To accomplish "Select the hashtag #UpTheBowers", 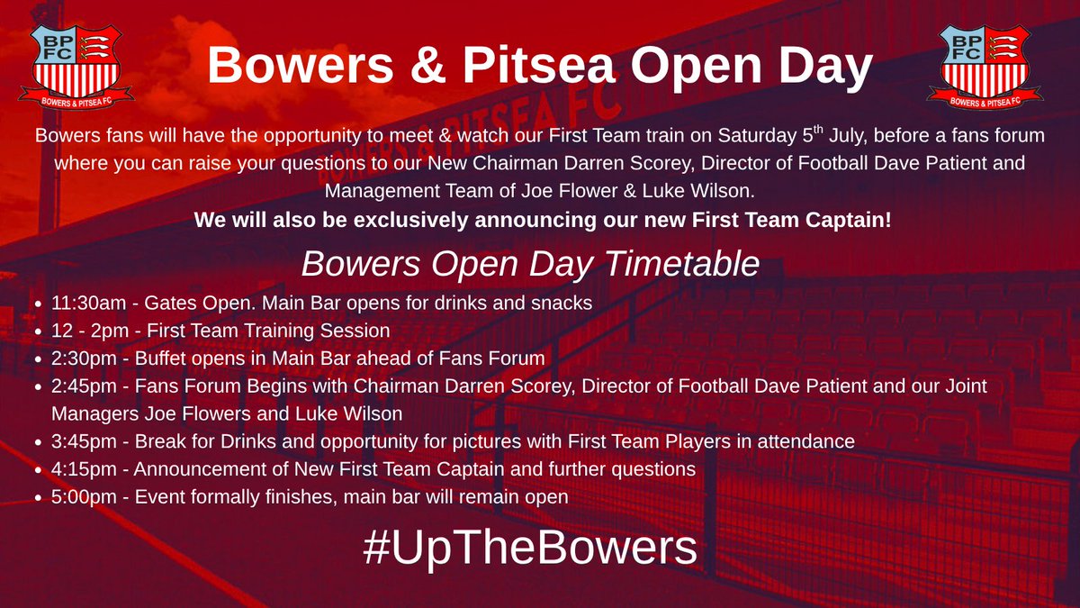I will pyautogui.click(x=531, y=548).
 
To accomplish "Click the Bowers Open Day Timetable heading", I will pyautogui.click(x=531, y=264).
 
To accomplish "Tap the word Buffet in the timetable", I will pyautogui.click(x=160, y=358).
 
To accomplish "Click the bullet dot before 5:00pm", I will pyautogui.click(x=35, y=497).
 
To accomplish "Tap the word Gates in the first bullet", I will pyautogui.click(x=160, y=304).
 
